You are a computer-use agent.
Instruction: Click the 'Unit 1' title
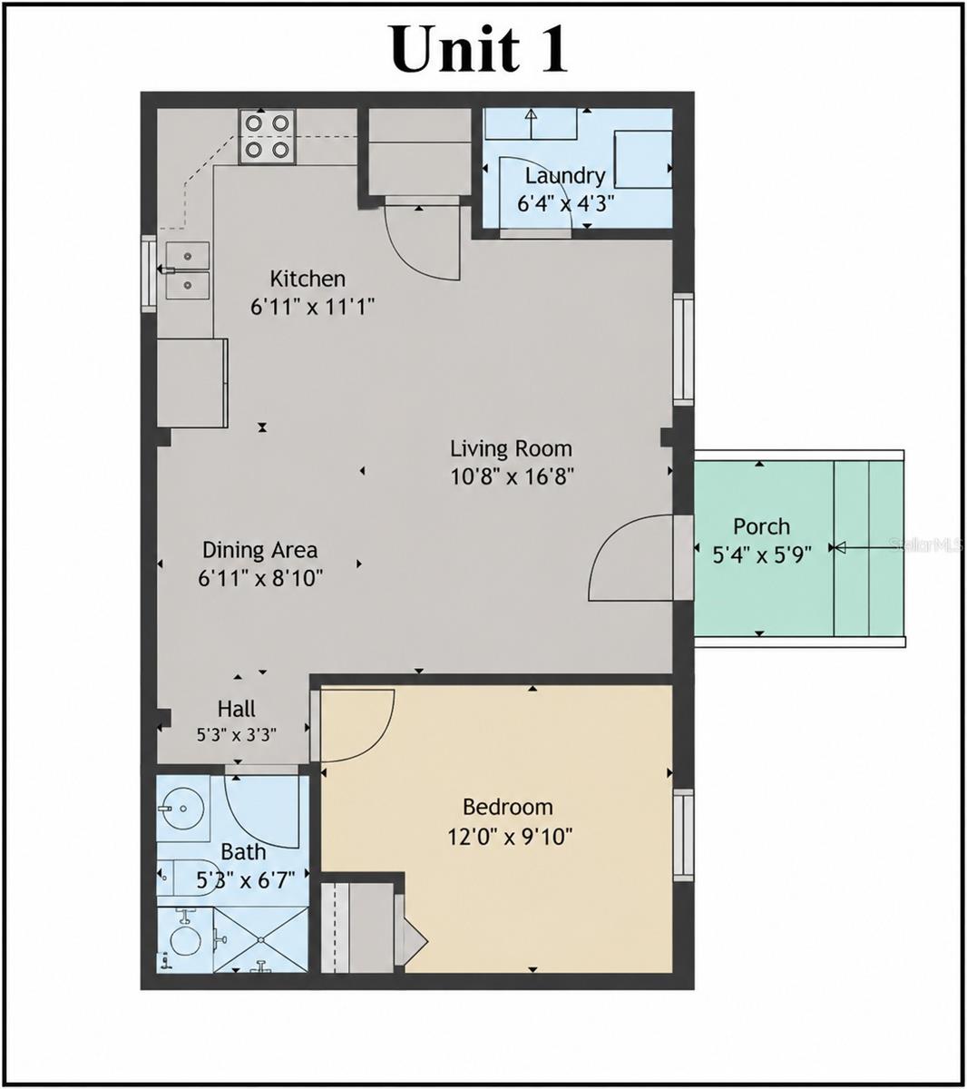(x=479, y=49)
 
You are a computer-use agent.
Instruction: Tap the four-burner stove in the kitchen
(x=267, y=136)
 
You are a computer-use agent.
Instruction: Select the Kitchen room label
(x=308, y=279)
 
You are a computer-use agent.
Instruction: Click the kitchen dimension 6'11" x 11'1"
(x=312, y=307)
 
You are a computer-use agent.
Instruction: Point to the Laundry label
(x=564, y=176)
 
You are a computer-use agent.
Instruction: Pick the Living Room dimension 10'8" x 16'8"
(x=512, y=476)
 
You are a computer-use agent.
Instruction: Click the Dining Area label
(x=260, y=550)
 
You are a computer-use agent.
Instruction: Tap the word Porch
(x=761, y=526)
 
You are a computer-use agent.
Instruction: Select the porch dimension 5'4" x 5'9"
(x=761, y=554)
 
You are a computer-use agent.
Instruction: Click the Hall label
(x=237, y=709)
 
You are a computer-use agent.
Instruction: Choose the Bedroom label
(x=508, y=807)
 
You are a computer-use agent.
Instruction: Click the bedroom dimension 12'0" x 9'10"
(x=510, y=837)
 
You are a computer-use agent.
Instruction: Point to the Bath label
(x=243, y=852)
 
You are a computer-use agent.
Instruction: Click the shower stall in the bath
(x=261, y=939)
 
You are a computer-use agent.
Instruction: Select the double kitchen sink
(x=187, y=270)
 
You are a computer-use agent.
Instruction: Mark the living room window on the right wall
(x=683, y=349)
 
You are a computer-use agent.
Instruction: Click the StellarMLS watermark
(x=925, y=545)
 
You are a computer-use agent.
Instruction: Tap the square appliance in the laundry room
(x=643, y=159)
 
